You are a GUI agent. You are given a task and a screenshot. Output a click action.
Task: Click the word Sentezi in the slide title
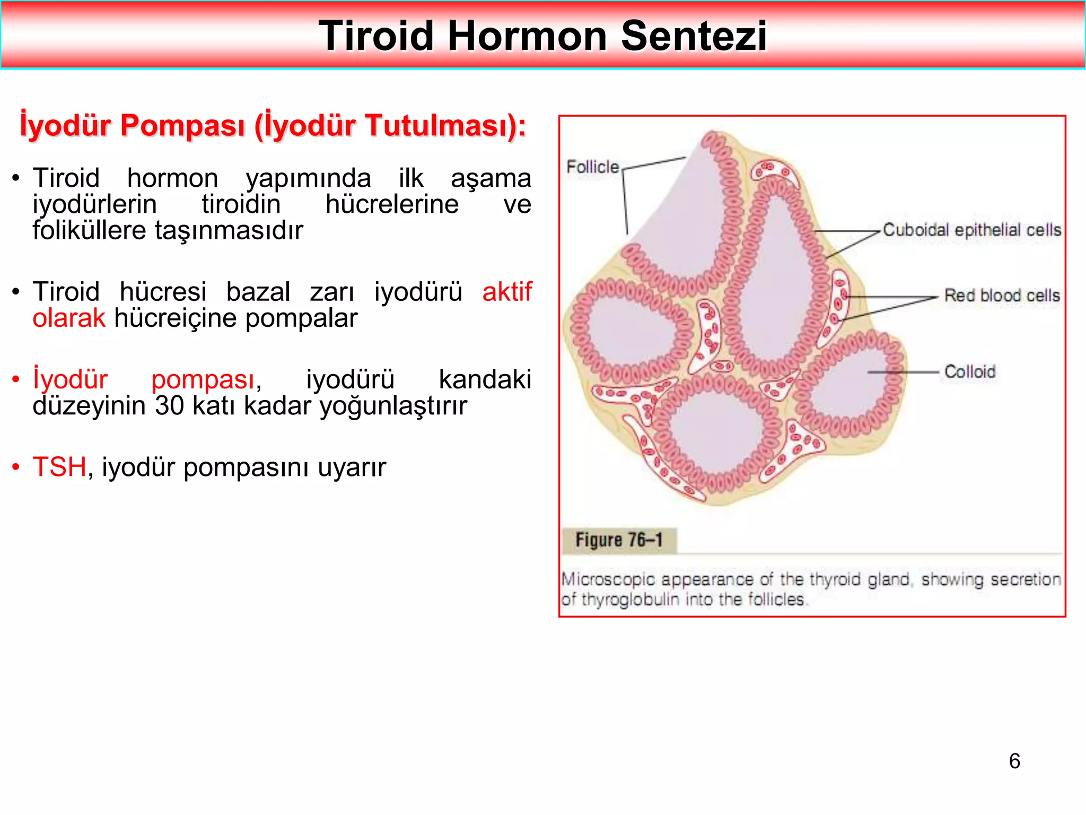[694, 36]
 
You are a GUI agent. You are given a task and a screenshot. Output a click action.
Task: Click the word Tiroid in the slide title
[376, 36]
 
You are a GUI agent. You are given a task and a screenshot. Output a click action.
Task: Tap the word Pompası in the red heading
[182, 126]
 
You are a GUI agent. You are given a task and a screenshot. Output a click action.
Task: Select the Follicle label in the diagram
[592, 167]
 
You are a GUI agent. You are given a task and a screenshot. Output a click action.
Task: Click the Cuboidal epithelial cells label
[971, 230]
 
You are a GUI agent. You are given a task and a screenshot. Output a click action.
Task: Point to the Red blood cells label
[1002, 296]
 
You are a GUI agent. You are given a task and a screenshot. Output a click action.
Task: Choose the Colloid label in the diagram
[970, 372]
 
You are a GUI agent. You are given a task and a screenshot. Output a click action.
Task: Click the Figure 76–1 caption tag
[619, 540]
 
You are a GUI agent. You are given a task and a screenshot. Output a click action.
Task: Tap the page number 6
[1014, 761]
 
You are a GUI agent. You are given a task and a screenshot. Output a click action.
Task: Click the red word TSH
[59, 467]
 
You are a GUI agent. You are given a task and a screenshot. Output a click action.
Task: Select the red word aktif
[506, 292]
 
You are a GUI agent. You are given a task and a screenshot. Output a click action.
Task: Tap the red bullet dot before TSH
[16, 467]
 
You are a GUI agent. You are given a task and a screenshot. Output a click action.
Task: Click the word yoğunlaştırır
[393, 406]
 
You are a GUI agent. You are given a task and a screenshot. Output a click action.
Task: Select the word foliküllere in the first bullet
[89, 231]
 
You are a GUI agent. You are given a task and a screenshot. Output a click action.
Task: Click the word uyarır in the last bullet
[352, 467]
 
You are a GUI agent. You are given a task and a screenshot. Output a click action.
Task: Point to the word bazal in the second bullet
[258, 292]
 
